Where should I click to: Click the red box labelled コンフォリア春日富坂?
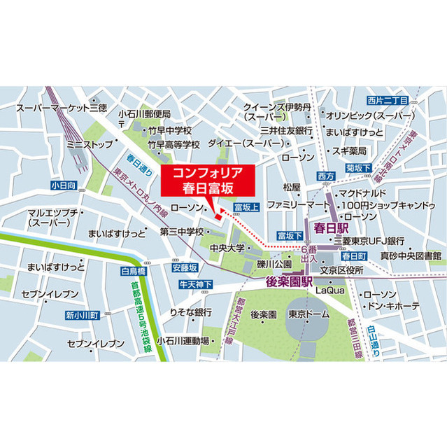coord(203,180)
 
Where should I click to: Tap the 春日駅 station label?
coord(331,227)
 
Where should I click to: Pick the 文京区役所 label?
coord(342,269)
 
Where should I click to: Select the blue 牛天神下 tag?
coord(195,284)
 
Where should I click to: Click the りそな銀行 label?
coord(191,311)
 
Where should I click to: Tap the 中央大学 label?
coord(230,248)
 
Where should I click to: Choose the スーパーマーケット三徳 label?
coord(62,108)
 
